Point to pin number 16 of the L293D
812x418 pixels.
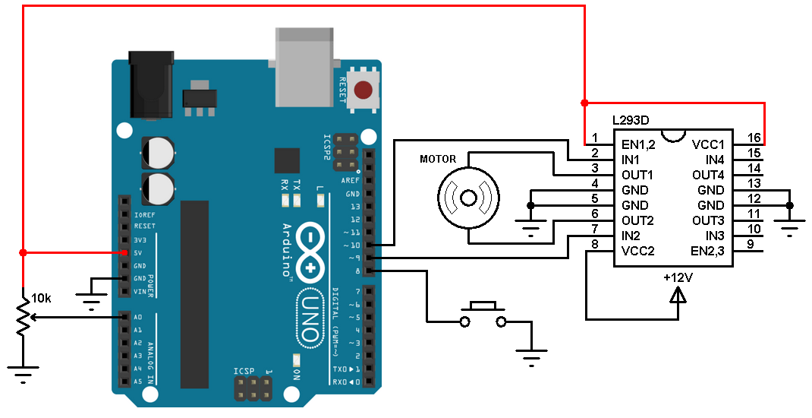pyautogui.click(x=753, y=138)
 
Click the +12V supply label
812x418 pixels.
pyautogui.click(x=677, y=278)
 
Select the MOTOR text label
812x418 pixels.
pyautogui.click(x=438, y=159)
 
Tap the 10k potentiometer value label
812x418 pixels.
pyautogui.click(x=41, y=299)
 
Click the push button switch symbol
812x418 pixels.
pyautogui.click(x=483, y=315)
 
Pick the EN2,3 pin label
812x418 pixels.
pyautogui.click(x=707, y=251)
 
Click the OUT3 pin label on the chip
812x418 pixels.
pyautogui.click(x=709, y=220)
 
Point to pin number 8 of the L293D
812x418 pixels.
pyautogui.click(x=596, y=245)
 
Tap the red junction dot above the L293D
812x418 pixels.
pyautogui.click(x=584, y=103)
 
